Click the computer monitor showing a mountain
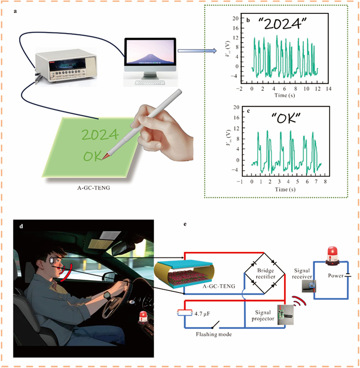click(x=150, y=53)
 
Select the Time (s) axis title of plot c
click(x=282, y=189)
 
